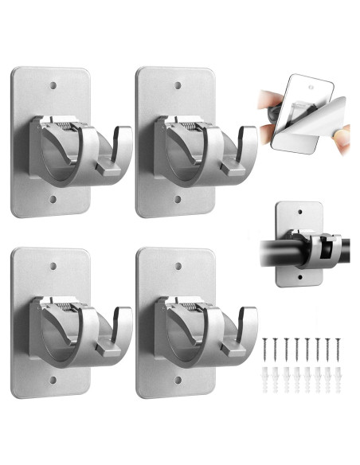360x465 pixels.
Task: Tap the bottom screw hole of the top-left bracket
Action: (53, 201)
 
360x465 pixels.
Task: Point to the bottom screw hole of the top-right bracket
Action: (178, 201)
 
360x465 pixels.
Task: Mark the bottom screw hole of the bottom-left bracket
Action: (53, 381)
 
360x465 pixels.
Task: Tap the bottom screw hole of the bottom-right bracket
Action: (178, 381)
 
